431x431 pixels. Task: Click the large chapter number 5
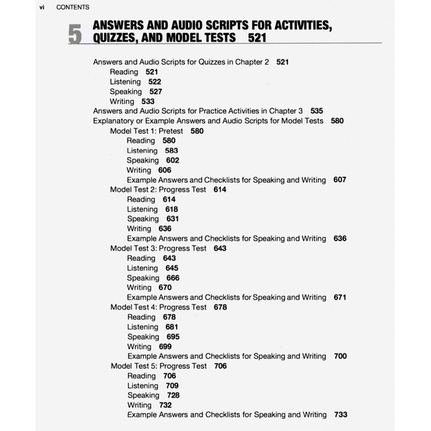click(x=75, y=35)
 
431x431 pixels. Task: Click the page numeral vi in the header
click(x=41, y=7)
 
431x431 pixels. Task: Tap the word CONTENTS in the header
click(x=73, y=7)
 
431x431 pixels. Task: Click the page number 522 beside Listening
click(x=154, y=82)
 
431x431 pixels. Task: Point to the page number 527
click(x=155, y=92)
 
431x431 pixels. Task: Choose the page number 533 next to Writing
click(x=148, y=101)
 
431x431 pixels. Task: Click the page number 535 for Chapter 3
click(x=317, y=111)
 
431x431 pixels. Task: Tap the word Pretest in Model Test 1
click(x=172, y=131)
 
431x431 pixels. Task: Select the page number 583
click(x=171, y=151)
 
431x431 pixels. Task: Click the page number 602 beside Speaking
click(x=173, y=160)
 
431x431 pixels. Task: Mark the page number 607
click(x=340, y=180)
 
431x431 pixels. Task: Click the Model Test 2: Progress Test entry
click(x=158, y=189)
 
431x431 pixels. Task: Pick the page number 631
click(x=173, y=219)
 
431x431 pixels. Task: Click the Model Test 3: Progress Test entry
click(x=158, y=248)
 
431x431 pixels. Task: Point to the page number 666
click(x=173, y=278)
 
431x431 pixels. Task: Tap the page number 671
click(x=340, y=297)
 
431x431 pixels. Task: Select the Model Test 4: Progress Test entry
click(x=159, y=307)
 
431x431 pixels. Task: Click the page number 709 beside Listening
click(x=172, y=386)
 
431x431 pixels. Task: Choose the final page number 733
click(x=341, y=415)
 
